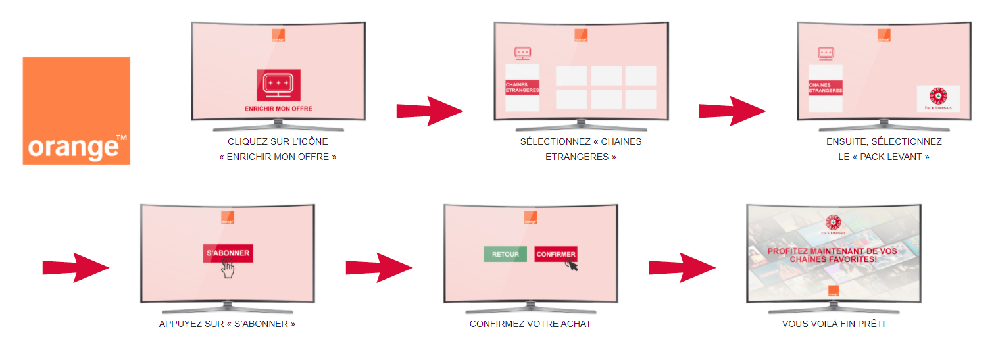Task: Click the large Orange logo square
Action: pyautogui.click(x=76, y=110)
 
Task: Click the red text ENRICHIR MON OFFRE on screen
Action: pyautogui.click(x=278, y=109)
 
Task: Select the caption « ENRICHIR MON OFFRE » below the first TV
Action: pyautogui.click(x=278, y=157)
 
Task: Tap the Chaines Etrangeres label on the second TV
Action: pyautogui.click(x=522, y=88)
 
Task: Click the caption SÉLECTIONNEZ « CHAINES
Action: pyautogui.click(x=580, y=141)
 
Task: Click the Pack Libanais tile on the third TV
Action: pyautogui.click(x=938, y=98)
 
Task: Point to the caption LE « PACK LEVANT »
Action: pyautogui.click(x=884, y=157)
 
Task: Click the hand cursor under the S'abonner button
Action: pyautogui.click(x=228, y=268)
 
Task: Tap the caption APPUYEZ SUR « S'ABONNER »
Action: pyautogui.click(x=227, y=324)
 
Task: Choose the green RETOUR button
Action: pyautogui.click(x=505, y=254)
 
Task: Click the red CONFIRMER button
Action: pyautogui.click(x=555, y=254)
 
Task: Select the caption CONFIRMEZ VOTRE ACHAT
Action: pyautogui.click(x=530, y=324)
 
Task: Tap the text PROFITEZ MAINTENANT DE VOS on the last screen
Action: pyautogui.click(x=833, y=251)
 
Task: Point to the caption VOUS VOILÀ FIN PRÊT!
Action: pyautogui.click(x=833, y=324)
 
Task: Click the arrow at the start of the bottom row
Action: pyautogui.click(x=76, y=267)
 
